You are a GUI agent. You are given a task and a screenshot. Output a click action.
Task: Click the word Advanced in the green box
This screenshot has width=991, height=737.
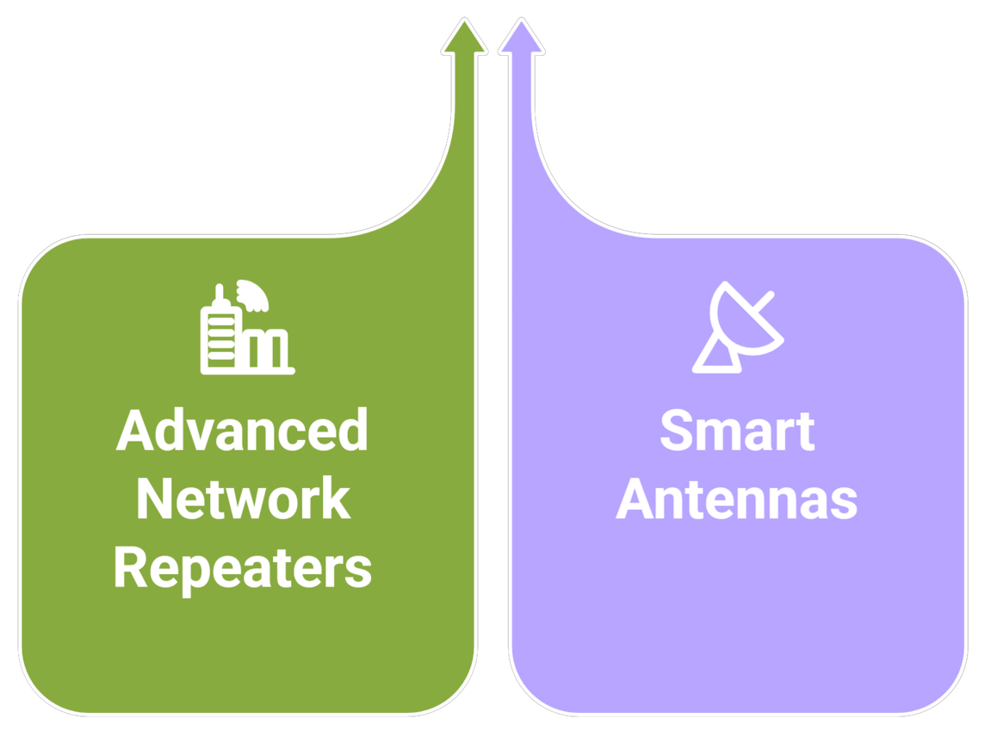(242, 430)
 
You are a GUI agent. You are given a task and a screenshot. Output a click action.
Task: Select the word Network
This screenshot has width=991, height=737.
(243, 499)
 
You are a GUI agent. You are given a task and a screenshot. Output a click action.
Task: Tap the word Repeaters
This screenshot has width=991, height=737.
(242, 568)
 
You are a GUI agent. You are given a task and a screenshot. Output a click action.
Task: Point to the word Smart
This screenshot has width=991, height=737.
(737, 430)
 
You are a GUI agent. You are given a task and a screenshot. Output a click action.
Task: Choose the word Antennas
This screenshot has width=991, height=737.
(737, 499)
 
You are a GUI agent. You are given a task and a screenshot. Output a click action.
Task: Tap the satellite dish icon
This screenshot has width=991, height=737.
(739, 327)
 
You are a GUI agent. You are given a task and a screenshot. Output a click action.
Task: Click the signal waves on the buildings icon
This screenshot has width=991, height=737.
(255, 295)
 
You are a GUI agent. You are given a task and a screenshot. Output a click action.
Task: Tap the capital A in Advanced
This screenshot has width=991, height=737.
(133, 430)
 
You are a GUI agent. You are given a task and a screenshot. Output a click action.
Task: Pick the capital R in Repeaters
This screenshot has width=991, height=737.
(130, 568)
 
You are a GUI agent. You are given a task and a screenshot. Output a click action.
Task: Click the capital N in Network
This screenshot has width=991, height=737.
(154, 499)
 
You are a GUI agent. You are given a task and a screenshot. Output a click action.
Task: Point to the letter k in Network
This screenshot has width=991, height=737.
(337, 499)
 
